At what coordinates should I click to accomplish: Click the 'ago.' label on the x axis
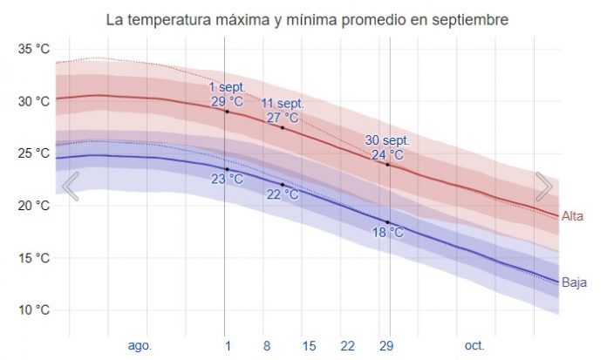(140, 346)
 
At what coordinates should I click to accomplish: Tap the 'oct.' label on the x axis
(474, 346)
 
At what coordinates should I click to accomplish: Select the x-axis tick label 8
(267, 346)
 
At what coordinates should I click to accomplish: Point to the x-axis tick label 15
(309, 346)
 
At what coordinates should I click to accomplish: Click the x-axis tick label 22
(347, 346)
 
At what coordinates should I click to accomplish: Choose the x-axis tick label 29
(385, 346)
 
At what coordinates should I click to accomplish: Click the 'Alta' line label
(573, 216)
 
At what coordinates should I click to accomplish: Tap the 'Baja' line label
(574, 282)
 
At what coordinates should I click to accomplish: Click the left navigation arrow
(71, 186)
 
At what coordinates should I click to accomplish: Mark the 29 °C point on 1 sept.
(227, 112)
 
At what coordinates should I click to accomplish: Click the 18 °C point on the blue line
(388, 222)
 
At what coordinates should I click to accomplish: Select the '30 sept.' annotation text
(387, 140)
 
